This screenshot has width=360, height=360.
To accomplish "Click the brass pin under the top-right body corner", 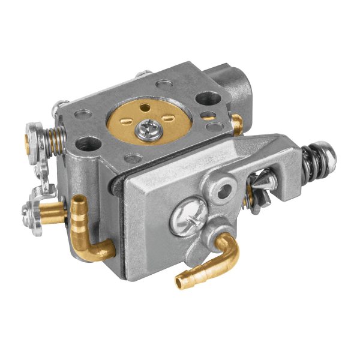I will click(x=237, y=125).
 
